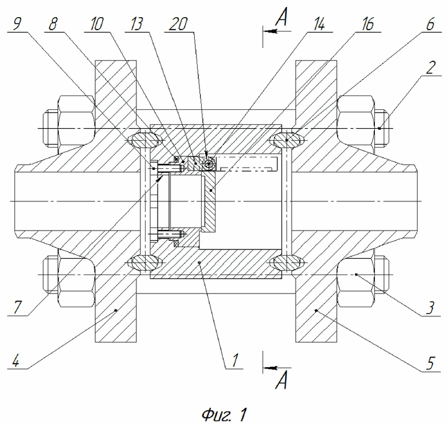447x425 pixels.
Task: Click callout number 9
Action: click(17, 24)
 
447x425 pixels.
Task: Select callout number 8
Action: click(53, 24)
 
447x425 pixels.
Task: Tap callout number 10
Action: click(97, 24)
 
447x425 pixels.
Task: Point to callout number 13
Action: click(136, 24)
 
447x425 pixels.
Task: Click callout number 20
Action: click(178, 24)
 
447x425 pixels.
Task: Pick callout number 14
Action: click(319, 24)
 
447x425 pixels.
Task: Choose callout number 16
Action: click(368, 24)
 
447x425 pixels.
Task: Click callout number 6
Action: click(430, 24)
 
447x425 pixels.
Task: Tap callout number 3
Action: click(430, 308)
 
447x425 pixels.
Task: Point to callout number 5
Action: click(430, 363)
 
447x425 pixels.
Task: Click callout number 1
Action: click(234, 360)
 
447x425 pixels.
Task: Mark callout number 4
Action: click(16, 362)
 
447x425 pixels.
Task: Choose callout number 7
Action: click(17, 308)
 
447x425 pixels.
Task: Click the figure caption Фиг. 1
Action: click(224, 415)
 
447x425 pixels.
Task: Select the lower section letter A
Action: click(281, 381)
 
